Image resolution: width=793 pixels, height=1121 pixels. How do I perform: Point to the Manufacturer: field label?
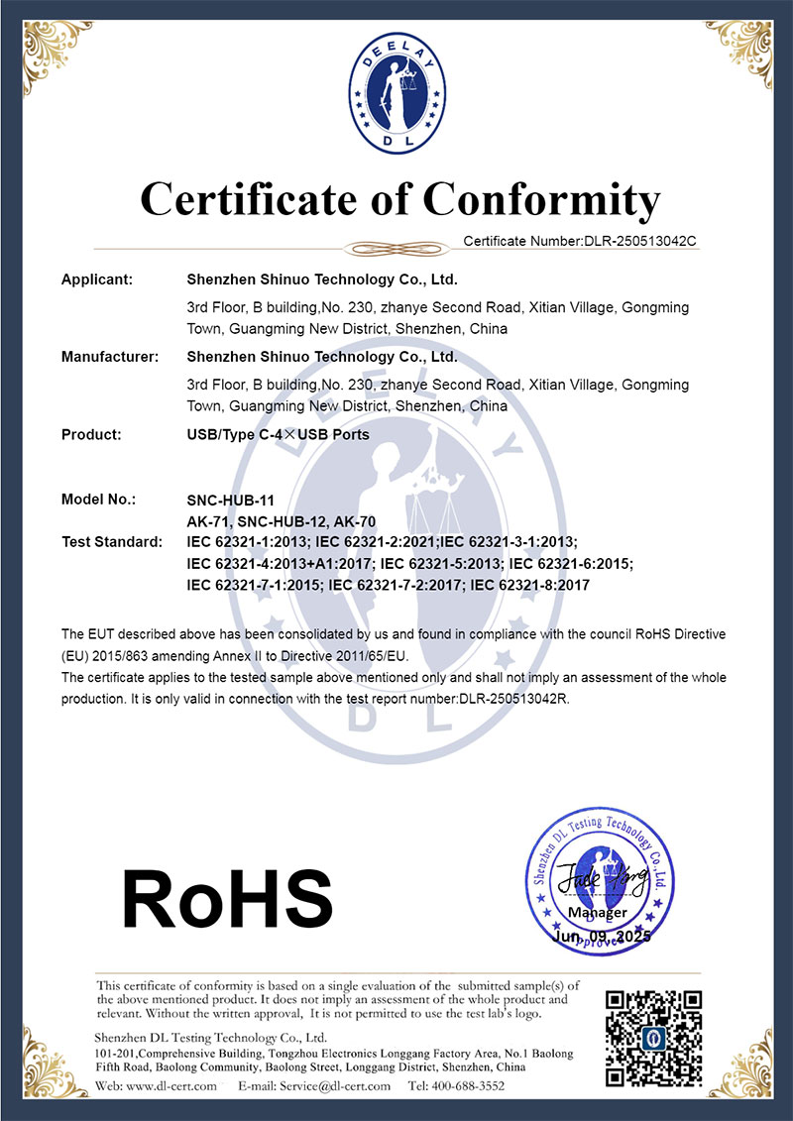110,357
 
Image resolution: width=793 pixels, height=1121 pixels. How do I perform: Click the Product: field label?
91,434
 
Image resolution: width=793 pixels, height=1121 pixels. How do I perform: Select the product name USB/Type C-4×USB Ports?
278,434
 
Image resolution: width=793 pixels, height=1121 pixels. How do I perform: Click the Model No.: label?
98,500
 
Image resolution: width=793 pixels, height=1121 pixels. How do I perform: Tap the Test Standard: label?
111,542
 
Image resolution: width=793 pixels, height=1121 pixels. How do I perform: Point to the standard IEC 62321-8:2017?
530,586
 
